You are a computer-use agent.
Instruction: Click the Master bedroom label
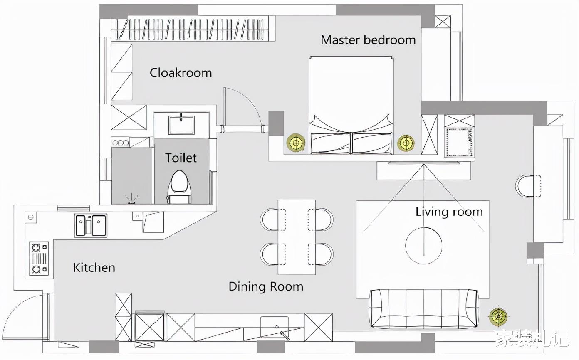tap(368, 40)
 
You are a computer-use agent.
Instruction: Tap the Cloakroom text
tap(181, 73)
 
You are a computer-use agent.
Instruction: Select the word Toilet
tap(181, 158)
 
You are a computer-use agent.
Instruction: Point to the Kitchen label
tap(94, 268)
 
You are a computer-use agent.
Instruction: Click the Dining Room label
tap(266, 287)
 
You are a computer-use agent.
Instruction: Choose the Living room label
tap(449, 212)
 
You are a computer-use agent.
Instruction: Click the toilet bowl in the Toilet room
tap(180, 187)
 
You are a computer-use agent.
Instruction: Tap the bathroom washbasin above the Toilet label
tap(181, 125)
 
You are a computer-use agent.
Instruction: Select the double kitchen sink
tap(91, 225)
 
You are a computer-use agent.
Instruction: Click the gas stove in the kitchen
tap(39, 258)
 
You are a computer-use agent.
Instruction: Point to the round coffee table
tap(424, 246)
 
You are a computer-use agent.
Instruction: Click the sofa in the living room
tap(424, 308)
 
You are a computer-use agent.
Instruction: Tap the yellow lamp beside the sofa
tap(498, 316)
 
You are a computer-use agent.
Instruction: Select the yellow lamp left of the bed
tap(296, 142)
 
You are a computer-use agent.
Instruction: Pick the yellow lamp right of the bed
tap(406, 143)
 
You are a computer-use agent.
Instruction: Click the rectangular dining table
tap(297, 237)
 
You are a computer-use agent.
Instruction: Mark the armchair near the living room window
tap(528, 186)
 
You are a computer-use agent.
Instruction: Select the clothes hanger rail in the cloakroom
tap(190, 30)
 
